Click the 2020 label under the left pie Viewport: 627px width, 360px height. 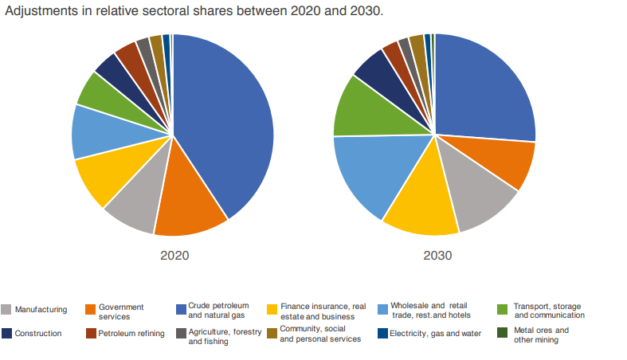click(174, 256)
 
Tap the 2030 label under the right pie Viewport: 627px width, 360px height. click(437, 256)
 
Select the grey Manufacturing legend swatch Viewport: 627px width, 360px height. click(7, 310)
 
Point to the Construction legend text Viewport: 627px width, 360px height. click(38, 334)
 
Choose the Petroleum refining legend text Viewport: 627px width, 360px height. click(131, 334)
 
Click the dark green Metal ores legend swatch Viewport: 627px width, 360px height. click(502, 333)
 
